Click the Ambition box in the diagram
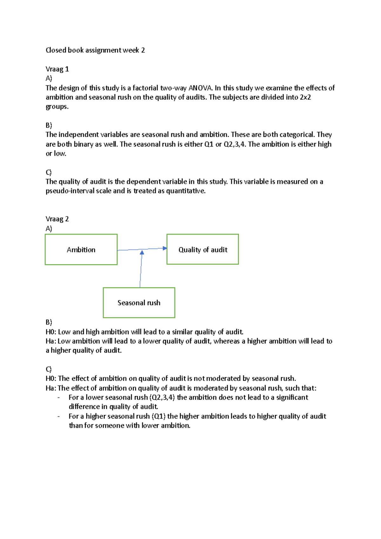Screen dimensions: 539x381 (81, 250)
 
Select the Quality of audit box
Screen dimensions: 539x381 (203, 250)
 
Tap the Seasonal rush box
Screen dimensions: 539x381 (139, 303)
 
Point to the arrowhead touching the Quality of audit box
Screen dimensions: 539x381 (164, 248)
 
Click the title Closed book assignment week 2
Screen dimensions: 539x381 (95, 50)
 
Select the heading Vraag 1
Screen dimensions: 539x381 (57, 69)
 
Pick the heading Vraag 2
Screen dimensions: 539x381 (57, 219)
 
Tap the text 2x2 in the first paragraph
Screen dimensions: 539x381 (305, 97)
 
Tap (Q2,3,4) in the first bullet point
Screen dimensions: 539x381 (162, 397)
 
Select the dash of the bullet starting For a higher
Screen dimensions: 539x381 (58, 416)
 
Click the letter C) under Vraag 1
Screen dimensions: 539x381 (49, 172)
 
